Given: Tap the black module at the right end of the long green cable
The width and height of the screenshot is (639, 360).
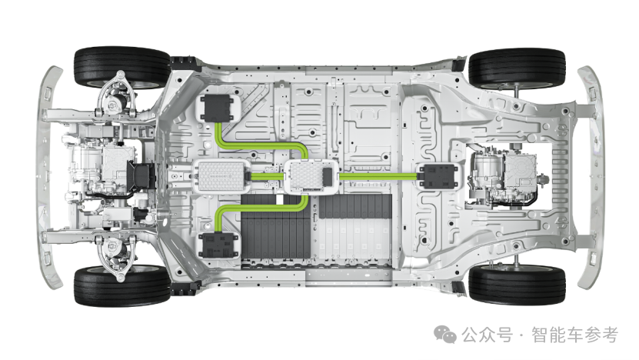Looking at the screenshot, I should pos(437,176).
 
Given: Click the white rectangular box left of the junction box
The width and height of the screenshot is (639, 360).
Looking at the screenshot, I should pos(221,176).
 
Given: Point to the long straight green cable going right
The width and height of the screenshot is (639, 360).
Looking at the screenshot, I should pos(377,176).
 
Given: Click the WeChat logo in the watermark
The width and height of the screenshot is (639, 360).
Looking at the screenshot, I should pos(445,335).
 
